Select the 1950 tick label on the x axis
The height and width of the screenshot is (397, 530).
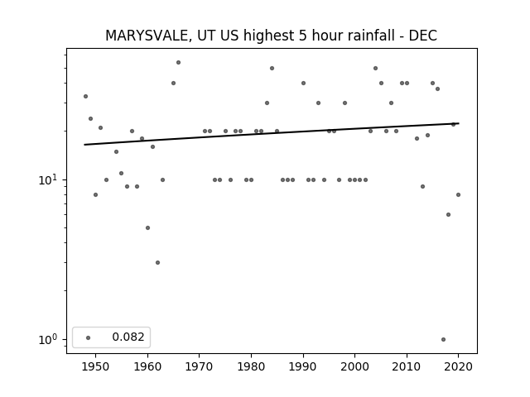point(96,366)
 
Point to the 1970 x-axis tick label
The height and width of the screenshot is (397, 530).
point(200,366)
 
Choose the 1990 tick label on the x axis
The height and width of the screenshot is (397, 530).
point(303,366)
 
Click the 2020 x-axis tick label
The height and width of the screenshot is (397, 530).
point(458,366)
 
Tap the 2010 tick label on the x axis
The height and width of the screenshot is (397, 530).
point(407,366)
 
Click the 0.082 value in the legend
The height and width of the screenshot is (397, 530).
point(128,337)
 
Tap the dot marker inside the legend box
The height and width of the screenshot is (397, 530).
point(89,337)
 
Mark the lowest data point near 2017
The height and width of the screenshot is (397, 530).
point(443,339)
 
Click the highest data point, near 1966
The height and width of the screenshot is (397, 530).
point(178,63)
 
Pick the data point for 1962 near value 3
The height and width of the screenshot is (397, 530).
point(157,262)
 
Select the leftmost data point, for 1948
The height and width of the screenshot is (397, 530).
point(85,96)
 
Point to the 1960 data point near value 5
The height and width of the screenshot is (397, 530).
point(147,228)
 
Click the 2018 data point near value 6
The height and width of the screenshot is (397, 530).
point(448,214)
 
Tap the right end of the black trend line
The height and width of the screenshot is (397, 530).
point(459,123)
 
